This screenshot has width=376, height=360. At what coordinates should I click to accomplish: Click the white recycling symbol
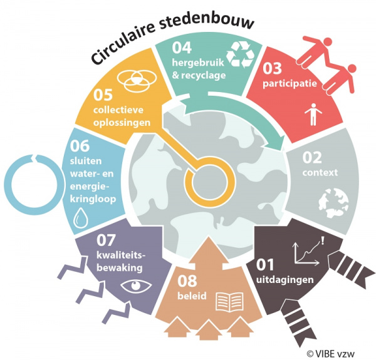(x=241, y=54)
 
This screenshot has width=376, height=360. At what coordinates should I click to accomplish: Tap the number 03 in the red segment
(x=272, y=68)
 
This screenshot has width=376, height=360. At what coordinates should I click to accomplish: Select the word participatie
(x=290, y=84)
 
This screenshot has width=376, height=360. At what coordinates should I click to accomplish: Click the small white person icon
(x=313, y=115)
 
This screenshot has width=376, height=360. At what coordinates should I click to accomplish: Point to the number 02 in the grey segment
(x=312, y=157)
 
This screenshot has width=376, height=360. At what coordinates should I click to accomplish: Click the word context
(x=320, y=172)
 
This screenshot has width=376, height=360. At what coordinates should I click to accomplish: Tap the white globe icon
(x=333, y=203)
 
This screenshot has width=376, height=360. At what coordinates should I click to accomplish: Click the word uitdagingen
(x=285, y=280)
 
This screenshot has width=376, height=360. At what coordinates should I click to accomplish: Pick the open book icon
(x=229, y=302)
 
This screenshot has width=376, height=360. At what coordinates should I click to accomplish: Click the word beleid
(x=192, y=296)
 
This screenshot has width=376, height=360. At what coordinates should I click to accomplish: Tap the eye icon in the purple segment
(x=136, y=285)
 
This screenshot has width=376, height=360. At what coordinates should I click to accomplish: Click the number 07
(x=106, y=240)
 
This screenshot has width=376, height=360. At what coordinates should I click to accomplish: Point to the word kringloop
(x=93, y=199)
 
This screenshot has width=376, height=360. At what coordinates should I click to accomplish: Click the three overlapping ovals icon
(x=137, y=81)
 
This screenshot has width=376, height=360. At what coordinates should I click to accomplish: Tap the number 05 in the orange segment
(x=103, y=95)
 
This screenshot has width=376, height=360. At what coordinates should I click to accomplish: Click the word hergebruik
(x=198, y=63)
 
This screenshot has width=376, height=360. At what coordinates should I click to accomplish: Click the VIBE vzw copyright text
(x=330, y=354)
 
